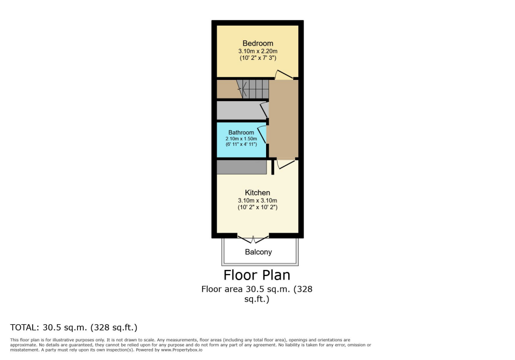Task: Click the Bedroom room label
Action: [257, 43]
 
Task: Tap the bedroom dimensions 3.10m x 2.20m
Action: [257, 51]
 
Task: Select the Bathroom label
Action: [241, 133]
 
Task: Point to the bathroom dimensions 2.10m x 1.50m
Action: [241, 139]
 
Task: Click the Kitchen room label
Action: [257, 193]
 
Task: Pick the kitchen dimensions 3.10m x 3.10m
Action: [257, 201]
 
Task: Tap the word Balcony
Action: [259, 252]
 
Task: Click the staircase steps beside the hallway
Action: [255, 89]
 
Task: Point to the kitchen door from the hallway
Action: [285, 164]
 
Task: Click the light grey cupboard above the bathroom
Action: [239, 110]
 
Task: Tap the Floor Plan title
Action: [257, 275]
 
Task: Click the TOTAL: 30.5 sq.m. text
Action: [74, 327]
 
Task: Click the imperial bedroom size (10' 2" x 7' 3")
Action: [257, 58]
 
